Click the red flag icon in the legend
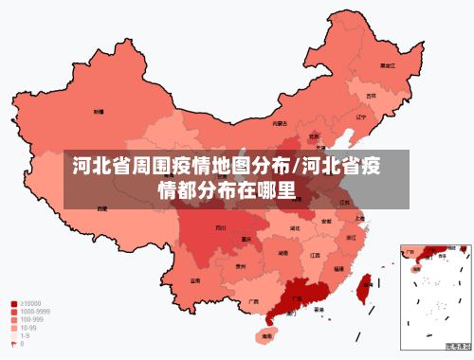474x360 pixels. click(x=14, y=343)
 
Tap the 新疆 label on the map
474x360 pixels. click(x=99, y=112)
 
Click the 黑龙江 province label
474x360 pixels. click(x=387, y=66)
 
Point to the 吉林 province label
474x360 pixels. click(x=372, y=96)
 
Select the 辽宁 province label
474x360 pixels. click(x=360, y=117)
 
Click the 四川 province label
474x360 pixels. click(x=221, y=227)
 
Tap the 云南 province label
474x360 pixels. click(x=195, y=280)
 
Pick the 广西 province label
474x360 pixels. click(x=253, y=301)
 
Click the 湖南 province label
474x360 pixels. click(x=283, y=253)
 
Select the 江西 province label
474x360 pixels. click(x=315, y=255)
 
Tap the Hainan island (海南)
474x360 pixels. click(x=267, y=335)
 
